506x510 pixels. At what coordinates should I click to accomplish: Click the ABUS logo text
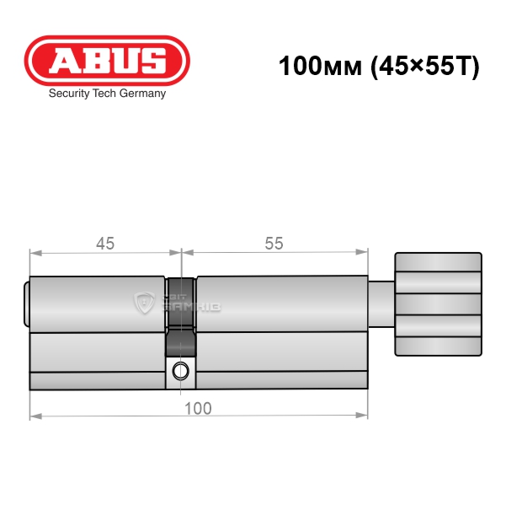click(107, 61)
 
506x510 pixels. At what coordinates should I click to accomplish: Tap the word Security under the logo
click(69, 94)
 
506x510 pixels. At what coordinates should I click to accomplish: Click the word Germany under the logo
click(142, 94)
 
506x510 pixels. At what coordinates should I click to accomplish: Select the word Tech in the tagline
click(104, 93)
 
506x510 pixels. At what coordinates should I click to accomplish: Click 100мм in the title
click(320, 66)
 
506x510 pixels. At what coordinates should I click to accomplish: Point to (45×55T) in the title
click(425, 67)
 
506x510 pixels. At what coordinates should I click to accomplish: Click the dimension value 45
click(105, 244)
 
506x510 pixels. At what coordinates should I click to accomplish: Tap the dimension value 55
click(274, 244)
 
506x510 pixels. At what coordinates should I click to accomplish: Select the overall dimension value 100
click(198, 408)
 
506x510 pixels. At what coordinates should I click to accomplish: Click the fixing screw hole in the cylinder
click(180, 371)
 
